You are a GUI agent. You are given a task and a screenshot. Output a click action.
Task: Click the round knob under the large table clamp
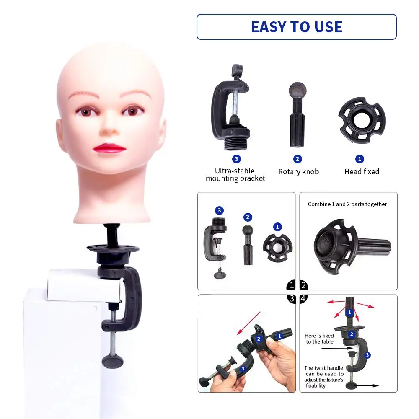[x=111, y=360]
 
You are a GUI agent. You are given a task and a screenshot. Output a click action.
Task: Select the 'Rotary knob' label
[x=298, y=172]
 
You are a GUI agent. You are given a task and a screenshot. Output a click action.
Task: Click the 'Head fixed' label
[x=362, y=171]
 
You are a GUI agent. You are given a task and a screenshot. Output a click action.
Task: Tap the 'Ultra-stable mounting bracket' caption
[x=235, y=175]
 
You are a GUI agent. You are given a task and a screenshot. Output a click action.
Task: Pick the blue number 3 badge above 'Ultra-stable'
[x=236, y=159]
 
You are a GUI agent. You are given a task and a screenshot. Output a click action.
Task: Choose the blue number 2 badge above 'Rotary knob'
[x=298, y=159]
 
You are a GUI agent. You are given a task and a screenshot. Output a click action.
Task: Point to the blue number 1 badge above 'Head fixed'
[x=360, y=159]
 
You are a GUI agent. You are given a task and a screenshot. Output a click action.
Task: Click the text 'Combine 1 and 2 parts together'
[x=347, y=204]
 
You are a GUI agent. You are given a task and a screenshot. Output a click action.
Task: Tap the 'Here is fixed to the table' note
[x=319, y=339]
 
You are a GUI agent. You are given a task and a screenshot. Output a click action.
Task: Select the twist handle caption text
[x=324, y=377]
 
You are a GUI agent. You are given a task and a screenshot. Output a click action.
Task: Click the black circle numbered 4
[x=304, y=298]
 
